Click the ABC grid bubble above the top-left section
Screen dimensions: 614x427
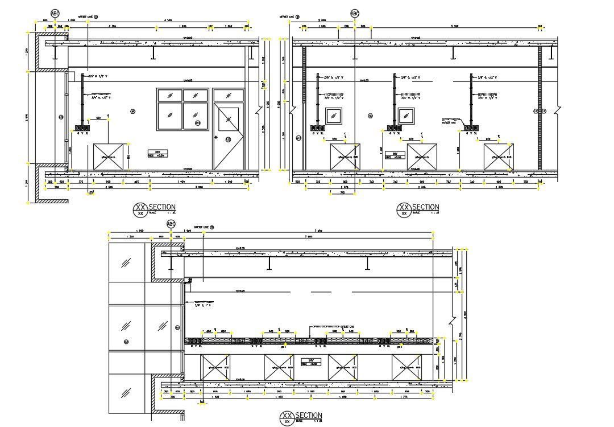(55, 14)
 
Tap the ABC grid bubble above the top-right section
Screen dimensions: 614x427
(355, 14)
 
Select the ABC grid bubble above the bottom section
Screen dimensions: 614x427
(170, 224)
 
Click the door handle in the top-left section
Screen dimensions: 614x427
(217, 138)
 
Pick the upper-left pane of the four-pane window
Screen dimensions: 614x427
(169, 95)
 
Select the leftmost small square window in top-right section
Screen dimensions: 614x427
(333, 116)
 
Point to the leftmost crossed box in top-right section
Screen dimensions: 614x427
(346, 157)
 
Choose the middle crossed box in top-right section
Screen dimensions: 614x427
(421, 157)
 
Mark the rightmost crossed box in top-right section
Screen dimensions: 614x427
(498, 157)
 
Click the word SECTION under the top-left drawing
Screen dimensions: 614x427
(162, 207)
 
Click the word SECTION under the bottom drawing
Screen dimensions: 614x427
(309, 416)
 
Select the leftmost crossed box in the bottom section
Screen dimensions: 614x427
(215, 367)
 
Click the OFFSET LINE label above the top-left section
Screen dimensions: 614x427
(88, 17)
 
